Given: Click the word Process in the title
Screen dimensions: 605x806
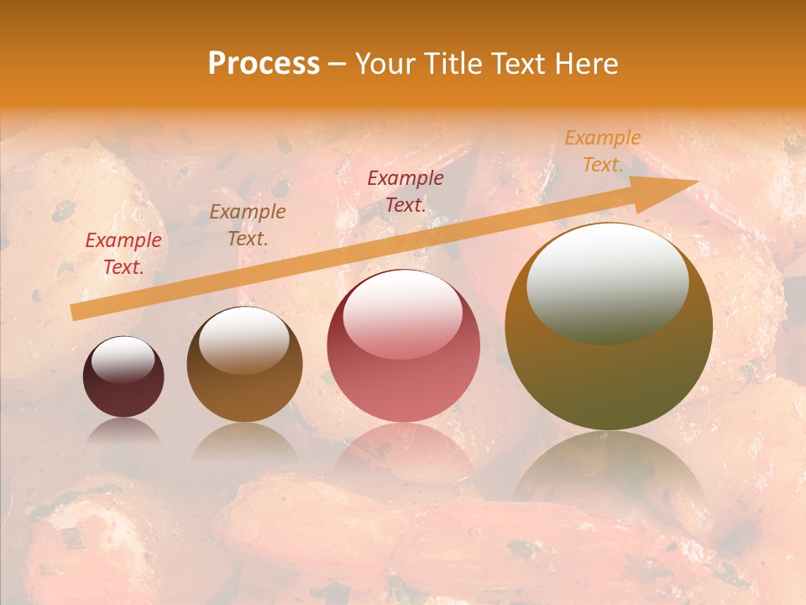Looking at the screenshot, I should click(264, 64).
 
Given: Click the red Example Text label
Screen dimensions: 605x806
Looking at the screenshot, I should click(123, 254).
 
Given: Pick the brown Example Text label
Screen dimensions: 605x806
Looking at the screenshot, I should click(248, 224).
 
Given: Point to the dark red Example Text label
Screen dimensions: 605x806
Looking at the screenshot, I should click(406, 191).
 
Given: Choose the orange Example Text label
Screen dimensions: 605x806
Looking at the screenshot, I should click(602, 151).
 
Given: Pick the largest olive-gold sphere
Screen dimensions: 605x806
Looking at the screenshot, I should click(609, 370).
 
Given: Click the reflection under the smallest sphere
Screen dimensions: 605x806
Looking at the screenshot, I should click(123, 433).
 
